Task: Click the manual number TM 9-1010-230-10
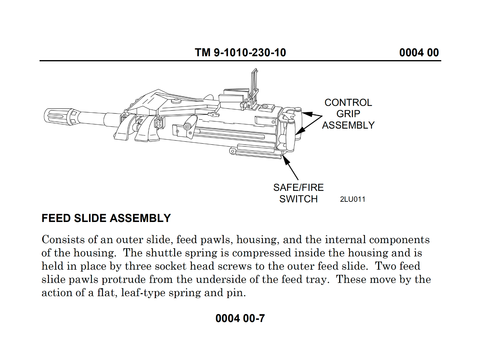coord(240,53)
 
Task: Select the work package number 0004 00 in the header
coord(419,53)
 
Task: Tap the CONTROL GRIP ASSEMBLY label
coord(348,114)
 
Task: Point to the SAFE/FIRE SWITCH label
coord(298,193)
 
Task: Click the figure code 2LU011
coord(353,199)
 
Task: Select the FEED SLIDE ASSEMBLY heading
coord(106,218)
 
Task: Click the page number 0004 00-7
coord(240,318)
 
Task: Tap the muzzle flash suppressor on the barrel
coord(59,116)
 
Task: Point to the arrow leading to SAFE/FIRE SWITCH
coord(290,168)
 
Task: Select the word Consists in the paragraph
coord(63,239)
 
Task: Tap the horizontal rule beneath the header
coord(240,61)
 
